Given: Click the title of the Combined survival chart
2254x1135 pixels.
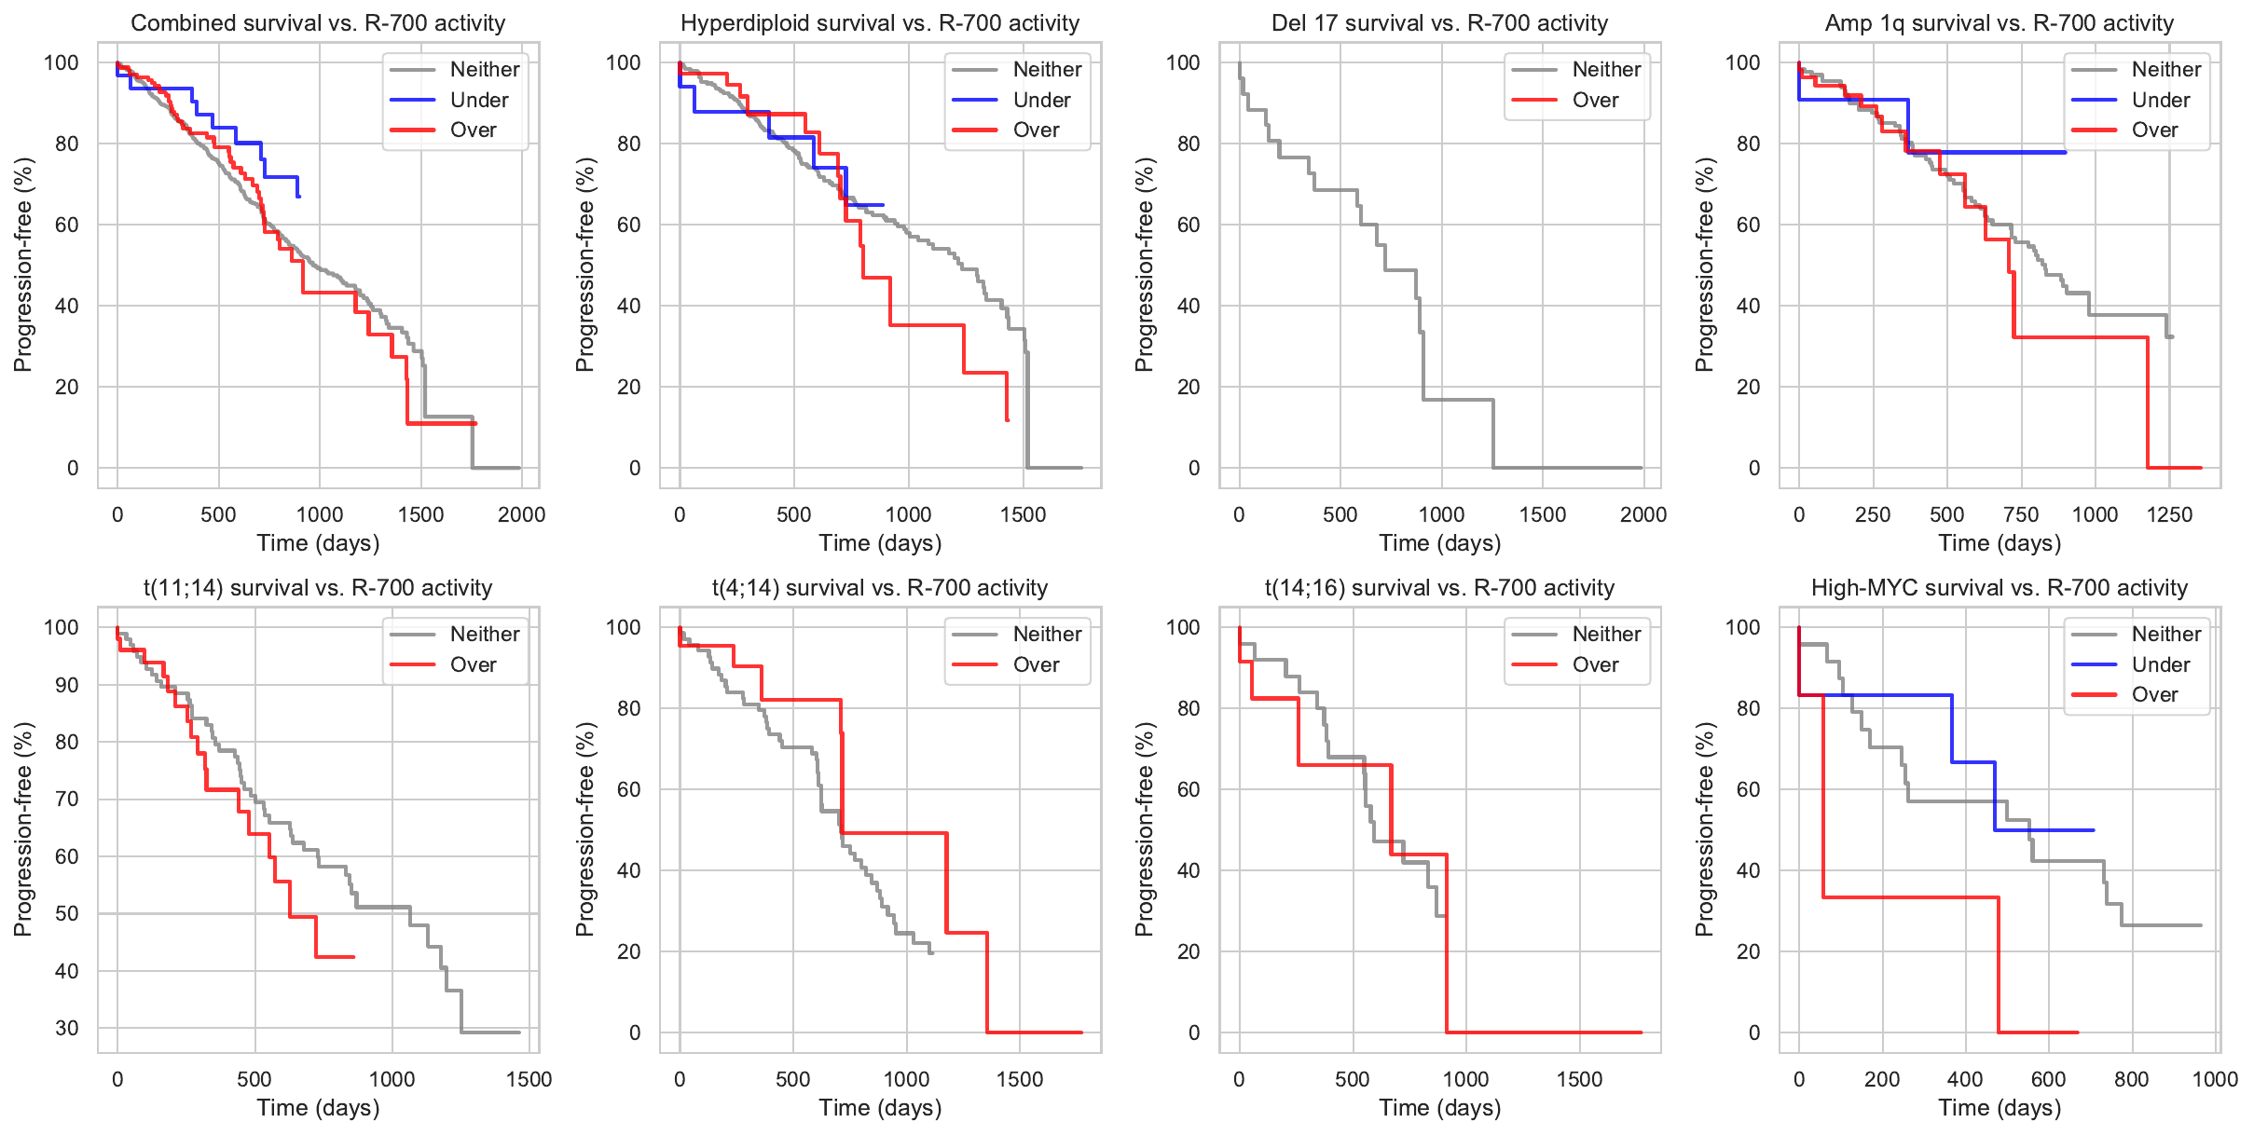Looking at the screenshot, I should click(318, 23).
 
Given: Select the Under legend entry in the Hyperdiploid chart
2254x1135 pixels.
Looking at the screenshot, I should click(1041, 100).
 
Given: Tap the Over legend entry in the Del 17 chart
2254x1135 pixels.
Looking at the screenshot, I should click(1595, 100).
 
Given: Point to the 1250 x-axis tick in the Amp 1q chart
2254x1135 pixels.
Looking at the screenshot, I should click(2169, 514).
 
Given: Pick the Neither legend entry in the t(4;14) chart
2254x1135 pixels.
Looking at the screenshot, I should click(1047, 634).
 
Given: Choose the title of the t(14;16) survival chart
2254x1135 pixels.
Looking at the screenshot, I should click(1439, 588).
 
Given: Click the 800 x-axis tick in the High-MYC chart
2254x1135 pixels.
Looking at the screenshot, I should click(2132, 1079).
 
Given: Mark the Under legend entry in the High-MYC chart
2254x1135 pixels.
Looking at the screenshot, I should click(2160, 664).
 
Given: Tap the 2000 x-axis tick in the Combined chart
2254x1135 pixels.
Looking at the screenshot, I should click(521, 514).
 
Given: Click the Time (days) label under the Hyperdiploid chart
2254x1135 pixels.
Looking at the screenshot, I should click(880, 543).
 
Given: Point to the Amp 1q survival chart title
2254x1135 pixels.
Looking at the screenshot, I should click(1999, 23).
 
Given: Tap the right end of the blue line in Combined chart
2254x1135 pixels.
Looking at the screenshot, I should click(299, 197).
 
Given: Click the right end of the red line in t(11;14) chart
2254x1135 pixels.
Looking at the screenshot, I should click(354, 957).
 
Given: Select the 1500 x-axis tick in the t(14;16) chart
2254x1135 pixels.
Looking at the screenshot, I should click(1579, 1079).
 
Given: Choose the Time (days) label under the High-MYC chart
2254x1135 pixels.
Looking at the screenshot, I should click(2000, 1108).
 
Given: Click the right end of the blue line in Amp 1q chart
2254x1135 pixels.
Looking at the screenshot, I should click(2066, 152).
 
